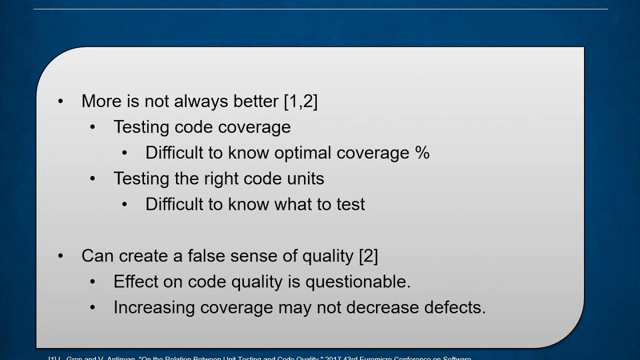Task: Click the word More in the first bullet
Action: (x=101, y=101)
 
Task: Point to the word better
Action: (x=255, y=101)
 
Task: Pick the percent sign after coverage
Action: (x=422, y=153)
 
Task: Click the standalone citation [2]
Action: (x=368, y=256)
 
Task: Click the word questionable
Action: (x=358, y=281)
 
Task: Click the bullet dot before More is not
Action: (x=60, y=101)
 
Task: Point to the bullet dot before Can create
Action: (x=60, y=256)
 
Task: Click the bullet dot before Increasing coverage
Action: (x=92, y=307)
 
